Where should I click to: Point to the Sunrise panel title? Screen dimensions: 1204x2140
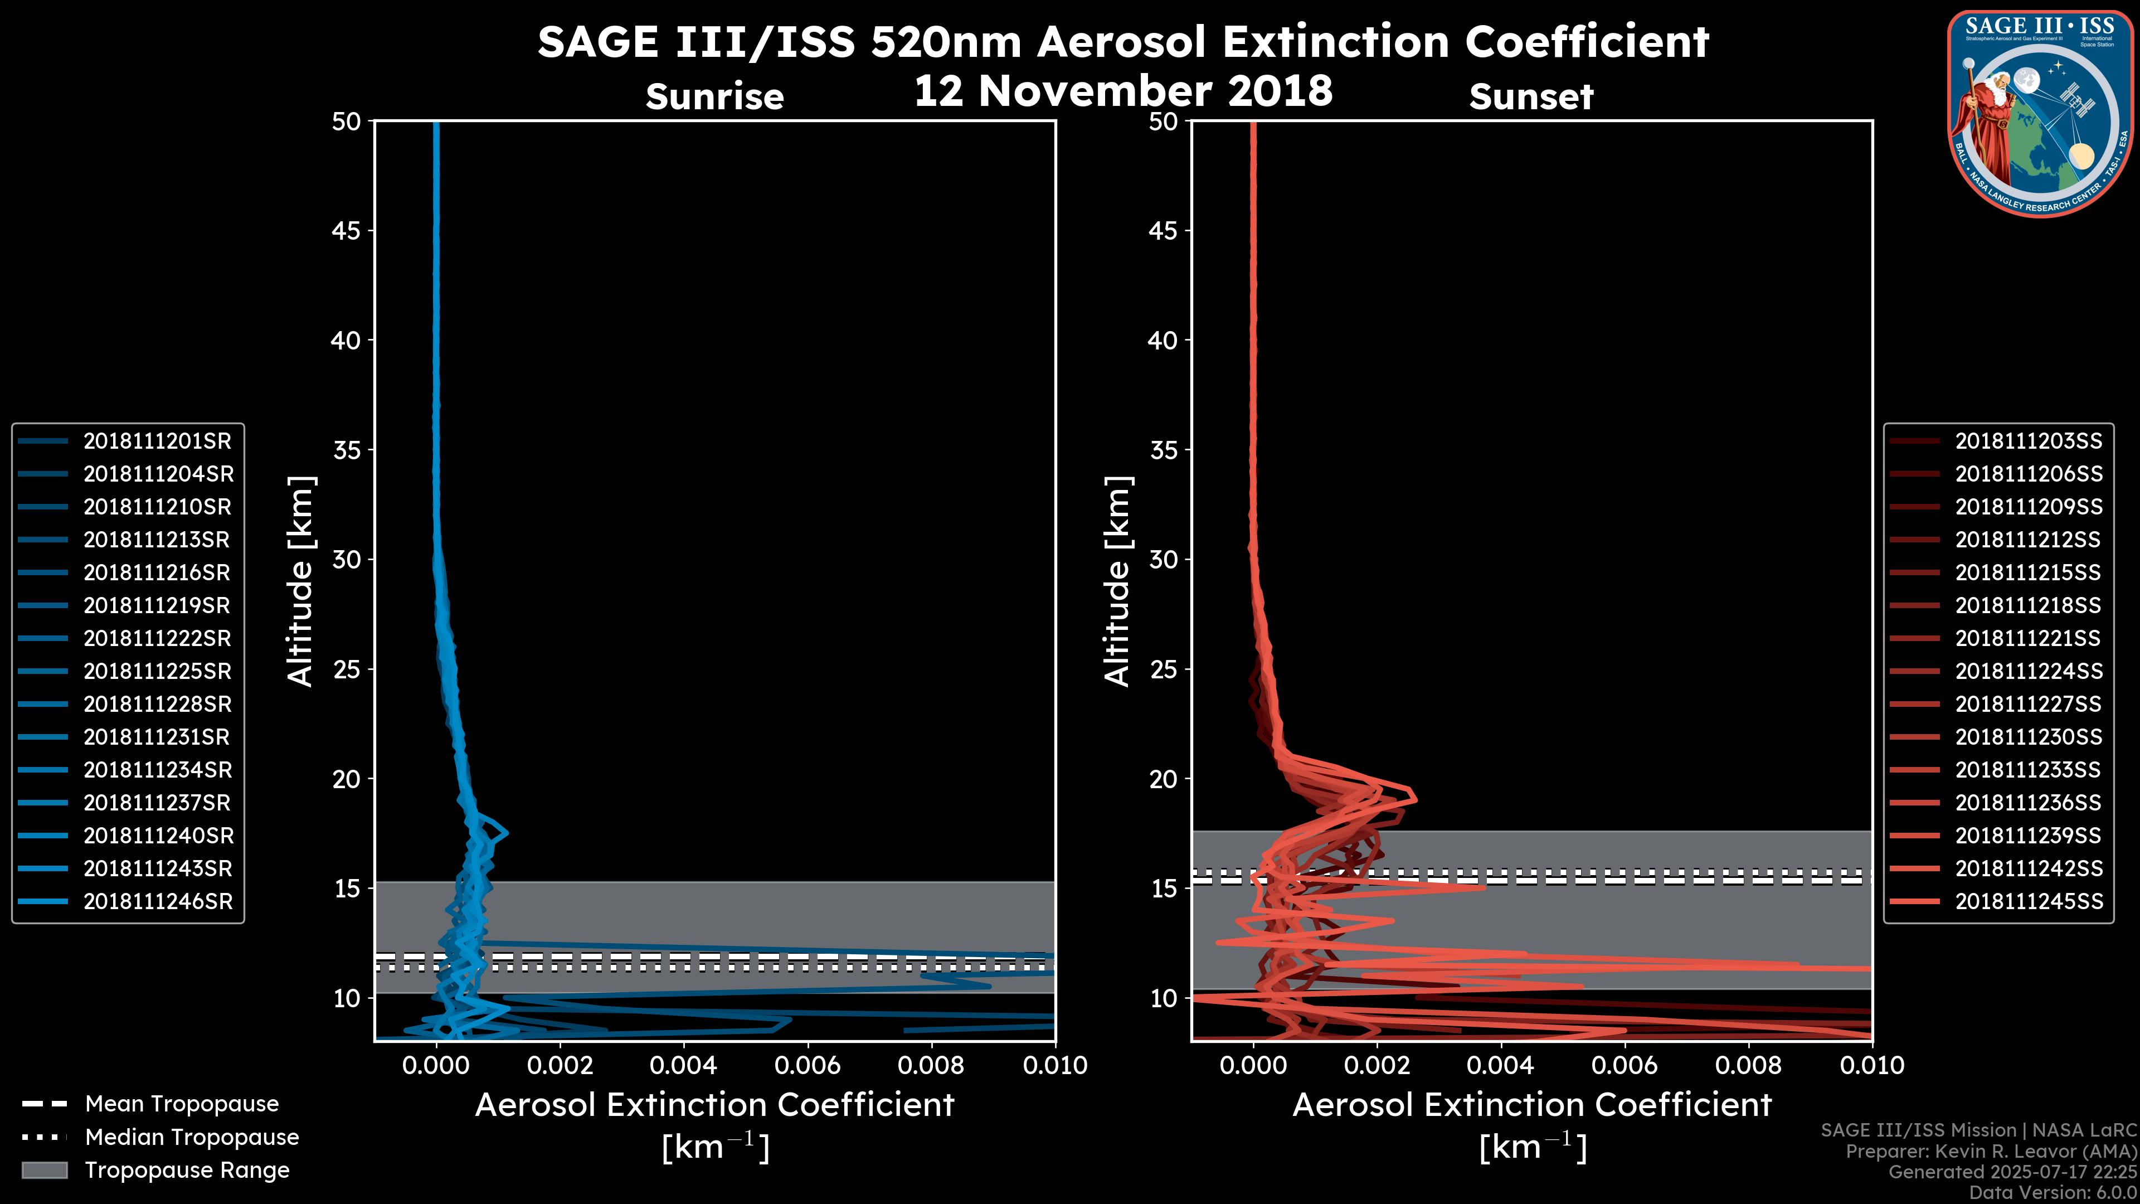tap(714, 97)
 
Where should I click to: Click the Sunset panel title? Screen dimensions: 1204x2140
tap(1531, 97)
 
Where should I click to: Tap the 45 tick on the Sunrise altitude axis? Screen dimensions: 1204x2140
tap(347, 231)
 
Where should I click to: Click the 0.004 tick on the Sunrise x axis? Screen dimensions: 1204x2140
tap(683, 1065)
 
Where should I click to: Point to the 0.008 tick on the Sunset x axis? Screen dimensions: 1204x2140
tap(1748, 1065)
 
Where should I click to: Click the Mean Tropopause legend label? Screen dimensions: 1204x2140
tap(182, 1104)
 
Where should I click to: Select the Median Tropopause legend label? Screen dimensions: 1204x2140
tap(192, 1138)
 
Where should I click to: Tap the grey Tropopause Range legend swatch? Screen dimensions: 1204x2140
tap(44, 1171)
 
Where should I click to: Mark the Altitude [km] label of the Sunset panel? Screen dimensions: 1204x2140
tap(1117, 581)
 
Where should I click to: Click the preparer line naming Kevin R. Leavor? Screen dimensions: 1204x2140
tap(1991, 1152)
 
